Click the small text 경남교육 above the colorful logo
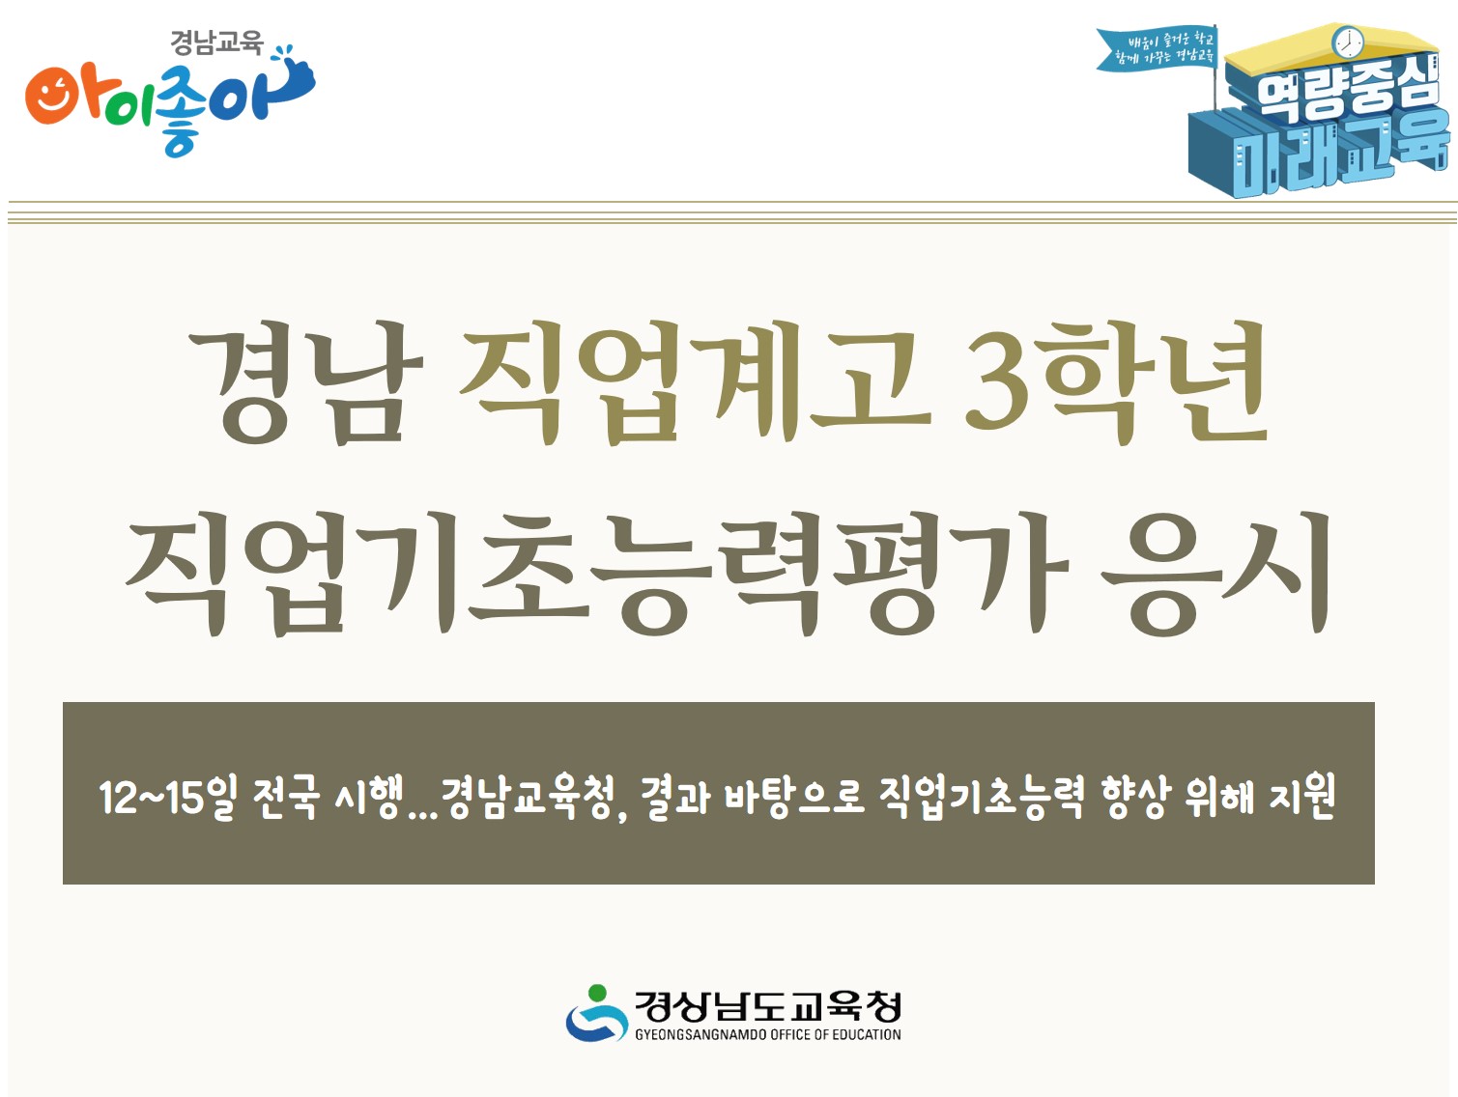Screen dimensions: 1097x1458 tap(216, 42)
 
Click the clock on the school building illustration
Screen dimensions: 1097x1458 tap(1347, 42)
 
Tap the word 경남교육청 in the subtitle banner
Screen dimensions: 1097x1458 tap(528, 798)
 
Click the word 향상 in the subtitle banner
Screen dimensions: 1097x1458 tap(1134, 798)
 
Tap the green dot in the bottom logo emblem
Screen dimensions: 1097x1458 tap(597, 993)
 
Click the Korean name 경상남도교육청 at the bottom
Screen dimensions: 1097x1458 tap(768, 1007)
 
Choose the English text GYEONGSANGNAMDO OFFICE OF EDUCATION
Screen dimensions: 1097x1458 tap(768, 1034)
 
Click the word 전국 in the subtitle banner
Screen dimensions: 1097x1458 tap(285, 798)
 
